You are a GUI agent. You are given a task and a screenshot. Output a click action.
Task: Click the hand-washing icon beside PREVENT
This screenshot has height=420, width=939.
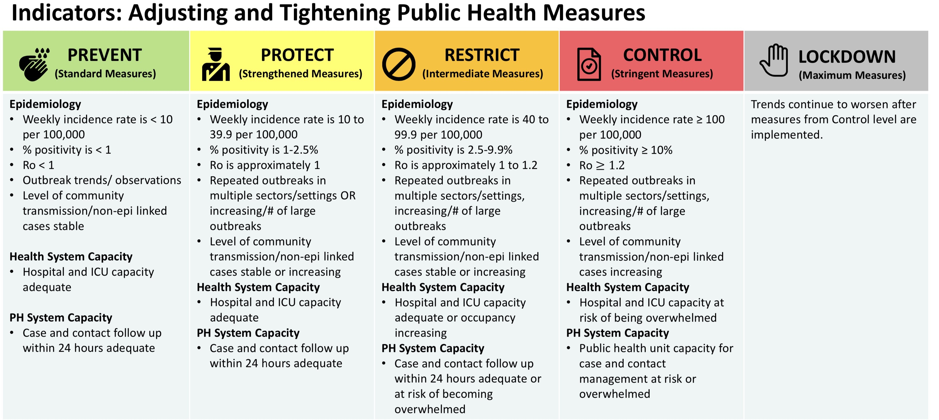(x=34, y=64)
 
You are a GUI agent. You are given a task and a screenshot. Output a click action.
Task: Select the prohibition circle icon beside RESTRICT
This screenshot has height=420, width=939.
(x=398, y=64)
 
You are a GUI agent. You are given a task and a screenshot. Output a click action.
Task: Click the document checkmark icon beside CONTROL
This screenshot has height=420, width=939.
(x=589, y=64)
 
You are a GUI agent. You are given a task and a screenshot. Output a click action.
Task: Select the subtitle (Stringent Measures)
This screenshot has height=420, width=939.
(x=662, y=74)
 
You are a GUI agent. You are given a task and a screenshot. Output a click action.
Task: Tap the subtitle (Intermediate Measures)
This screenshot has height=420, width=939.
(x=482, y=74)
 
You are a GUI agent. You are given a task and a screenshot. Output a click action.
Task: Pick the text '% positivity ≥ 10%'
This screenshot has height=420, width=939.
(x=625, y=150)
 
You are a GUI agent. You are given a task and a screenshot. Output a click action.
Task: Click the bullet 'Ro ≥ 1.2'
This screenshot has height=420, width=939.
(x=601, y=165)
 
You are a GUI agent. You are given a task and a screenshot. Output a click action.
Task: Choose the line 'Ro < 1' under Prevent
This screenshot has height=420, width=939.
(x=38, y=165)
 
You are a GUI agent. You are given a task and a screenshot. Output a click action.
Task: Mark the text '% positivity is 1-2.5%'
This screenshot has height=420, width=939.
(x=263, y=150)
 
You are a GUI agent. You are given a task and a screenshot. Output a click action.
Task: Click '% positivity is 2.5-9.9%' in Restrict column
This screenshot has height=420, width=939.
(x=453, y=150)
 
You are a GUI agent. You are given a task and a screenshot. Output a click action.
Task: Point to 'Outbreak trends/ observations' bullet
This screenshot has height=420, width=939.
(x=102, y=180)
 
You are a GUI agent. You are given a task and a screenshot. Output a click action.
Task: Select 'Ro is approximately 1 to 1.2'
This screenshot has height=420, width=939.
(x=466, y=165)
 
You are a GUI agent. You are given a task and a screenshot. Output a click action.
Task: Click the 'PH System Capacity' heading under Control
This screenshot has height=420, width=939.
(x=617, y=333)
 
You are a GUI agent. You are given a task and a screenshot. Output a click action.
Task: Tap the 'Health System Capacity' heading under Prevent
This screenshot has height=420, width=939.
(x=71, y=257)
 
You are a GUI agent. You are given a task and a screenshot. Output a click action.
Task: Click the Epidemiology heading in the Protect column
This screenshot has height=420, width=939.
(x=232, y=104)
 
